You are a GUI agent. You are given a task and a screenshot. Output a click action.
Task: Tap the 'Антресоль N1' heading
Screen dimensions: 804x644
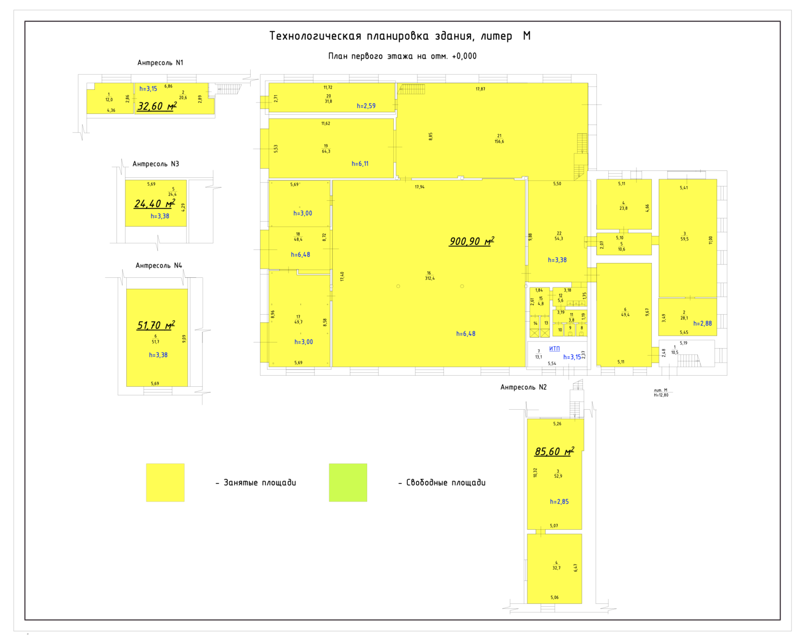(160, 63)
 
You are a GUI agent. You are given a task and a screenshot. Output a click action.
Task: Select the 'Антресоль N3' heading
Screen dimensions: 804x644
(156, 164)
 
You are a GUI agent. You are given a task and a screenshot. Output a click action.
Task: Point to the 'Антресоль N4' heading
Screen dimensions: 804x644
(158, 265)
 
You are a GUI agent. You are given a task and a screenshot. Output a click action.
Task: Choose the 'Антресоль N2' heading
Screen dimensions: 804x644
(523, 387)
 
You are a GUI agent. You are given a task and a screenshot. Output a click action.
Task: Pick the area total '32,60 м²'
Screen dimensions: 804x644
(156, 106)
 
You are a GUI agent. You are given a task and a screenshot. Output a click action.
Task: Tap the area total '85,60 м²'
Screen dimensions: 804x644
(554, 451)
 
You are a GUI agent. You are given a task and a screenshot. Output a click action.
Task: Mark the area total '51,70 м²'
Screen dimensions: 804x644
(156, 326)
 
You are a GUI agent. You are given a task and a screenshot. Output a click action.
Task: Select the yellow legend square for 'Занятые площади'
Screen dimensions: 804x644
(165, 482)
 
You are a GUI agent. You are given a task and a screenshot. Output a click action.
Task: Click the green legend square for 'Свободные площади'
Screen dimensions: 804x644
(348, 482)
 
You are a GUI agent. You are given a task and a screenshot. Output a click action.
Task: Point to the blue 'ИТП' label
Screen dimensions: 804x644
(554, 349)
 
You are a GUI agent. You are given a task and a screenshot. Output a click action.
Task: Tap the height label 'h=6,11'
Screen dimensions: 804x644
(360, 164)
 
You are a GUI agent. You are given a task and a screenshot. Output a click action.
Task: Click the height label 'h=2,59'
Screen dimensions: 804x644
(366, 106)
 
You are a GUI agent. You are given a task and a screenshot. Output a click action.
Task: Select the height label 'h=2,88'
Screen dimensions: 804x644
(702, 324)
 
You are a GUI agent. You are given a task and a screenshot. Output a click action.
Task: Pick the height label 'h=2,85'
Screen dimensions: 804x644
(559, 502)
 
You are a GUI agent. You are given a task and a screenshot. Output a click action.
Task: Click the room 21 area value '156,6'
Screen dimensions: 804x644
(499, 142)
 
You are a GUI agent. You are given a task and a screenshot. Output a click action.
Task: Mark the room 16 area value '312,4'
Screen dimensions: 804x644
(430, 278)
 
